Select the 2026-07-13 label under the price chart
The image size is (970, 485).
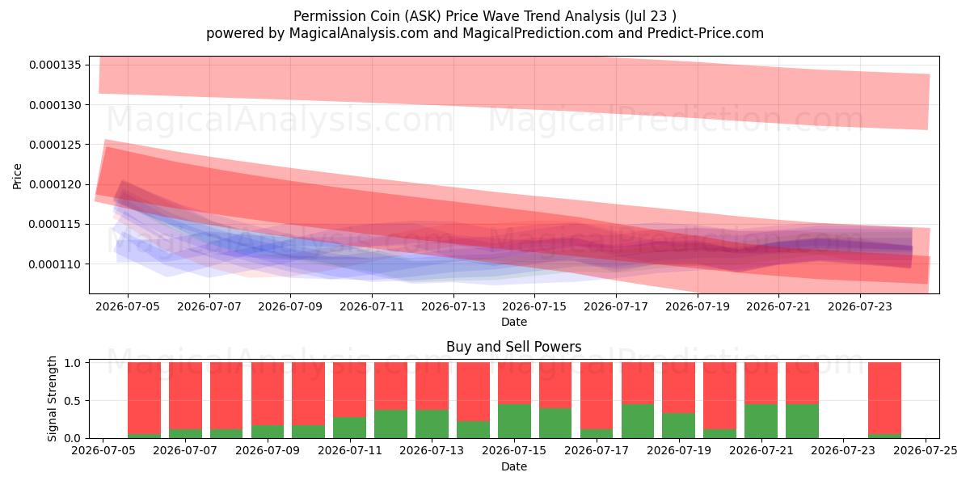click(x=453, y=306)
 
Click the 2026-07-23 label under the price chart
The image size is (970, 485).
click(x=860, y=306)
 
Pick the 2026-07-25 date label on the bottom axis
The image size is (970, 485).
click(x=926, y=451)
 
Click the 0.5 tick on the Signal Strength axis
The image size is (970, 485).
click(x=72, y=401)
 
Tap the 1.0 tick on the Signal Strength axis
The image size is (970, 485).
click(x=72, y=362)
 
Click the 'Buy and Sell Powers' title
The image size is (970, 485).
click(x=514, y=347)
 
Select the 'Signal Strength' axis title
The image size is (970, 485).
click(x=52, y=399)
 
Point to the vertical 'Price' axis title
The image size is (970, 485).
click(x=17, y=176)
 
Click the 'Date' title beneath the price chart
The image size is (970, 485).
click(x=514, y=322)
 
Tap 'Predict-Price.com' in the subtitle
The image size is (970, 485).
click(x=706, y=33)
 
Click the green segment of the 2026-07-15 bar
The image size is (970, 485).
click(x=514, y=421)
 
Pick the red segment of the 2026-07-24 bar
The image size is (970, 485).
click(x=884, y=398)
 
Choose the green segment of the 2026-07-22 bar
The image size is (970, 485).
click(x=803, y=421)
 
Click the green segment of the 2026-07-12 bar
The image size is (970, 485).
click(x=391, y=424)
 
